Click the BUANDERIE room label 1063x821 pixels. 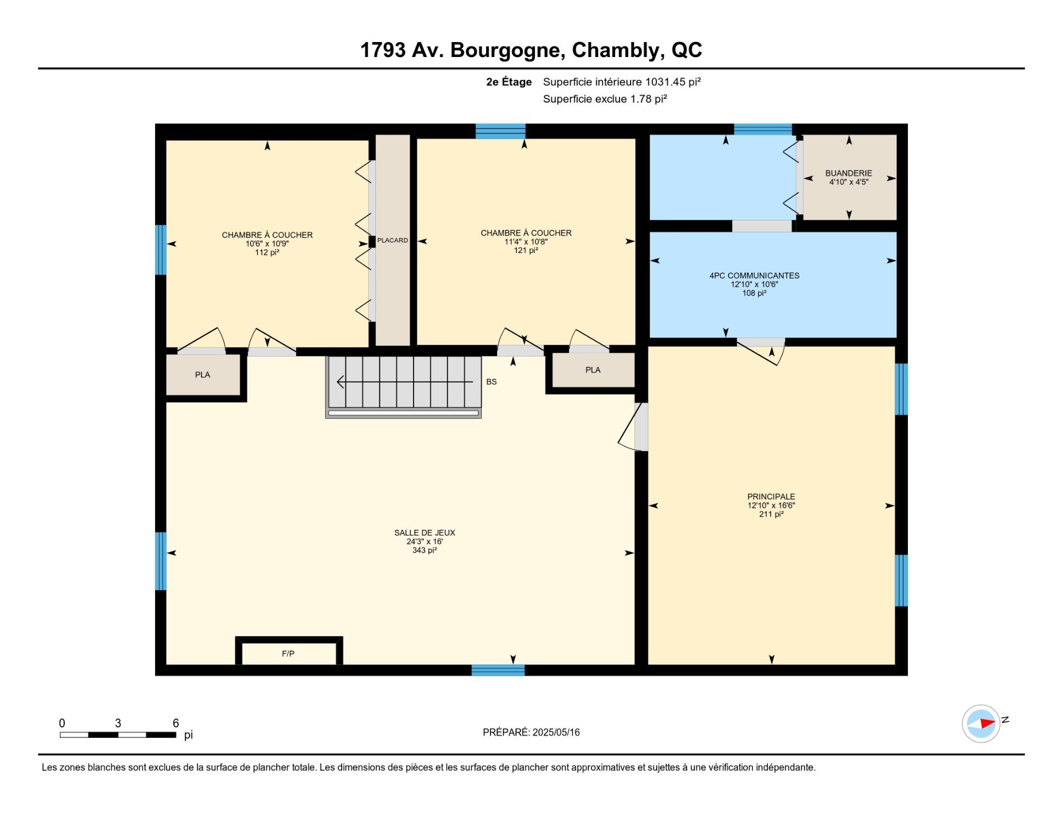(848, 173)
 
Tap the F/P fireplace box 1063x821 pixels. (289, 651)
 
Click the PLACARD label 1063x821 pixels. (393, 240)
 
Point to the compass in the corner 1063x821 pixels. (981, 724)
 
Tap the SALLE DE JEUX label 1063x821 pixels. (425, 533)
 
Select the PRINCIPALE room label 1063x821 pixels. (771, 497)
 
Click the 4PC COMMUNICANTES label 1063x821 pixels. (755, 276)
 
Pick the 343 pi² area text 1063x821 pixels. (425, 550)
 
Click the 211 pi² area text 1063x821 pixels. (771, 514)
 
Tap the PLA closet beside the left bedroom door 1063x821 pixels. (203, 375)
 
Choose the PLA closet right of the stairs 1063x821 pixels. (594, 370)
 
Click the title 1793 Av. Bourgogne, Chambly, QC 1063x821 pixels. (531, 50)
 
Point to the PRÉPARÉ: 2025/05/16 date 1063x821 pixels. (531, 732)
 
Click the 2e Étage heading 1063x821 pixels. (509, 82)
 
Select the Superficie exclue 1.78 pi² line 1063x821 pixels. (605, 99)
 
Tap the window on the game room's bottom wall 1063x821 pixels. (498, 670)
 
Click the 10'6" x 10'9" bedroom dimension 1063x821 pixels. (267, 244)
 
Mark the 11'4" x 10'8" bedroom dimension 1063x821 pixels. (526, 242)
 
